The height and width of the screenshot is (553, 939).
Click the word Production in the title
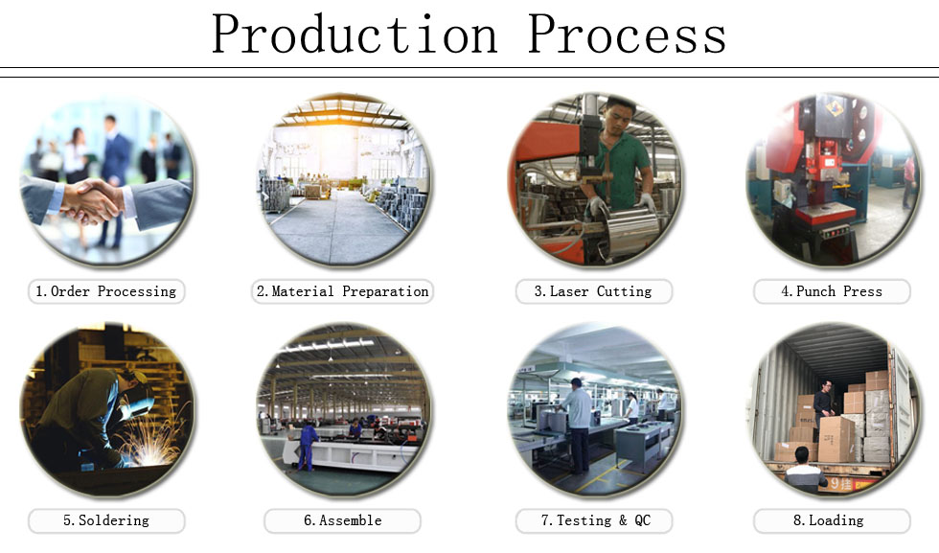point(355,35)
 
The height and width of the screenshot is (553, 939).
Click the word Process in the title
point(627,35)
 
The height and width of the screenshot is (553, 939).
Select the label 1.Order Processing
point(106,291)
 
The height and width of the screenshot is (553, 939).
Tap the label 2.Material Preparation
point(343,291)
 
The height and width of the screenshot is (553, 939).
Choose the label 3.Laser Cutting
point(592,291)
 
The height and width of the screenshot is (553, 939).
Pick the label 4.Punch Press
point(831,291)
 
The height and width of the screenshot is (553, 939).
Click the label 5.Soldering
point(106,520)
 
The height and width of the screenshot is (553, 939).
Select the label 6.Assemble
point(343,520)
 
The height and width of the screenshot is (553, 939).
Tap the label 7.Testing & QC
point(594,520)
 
